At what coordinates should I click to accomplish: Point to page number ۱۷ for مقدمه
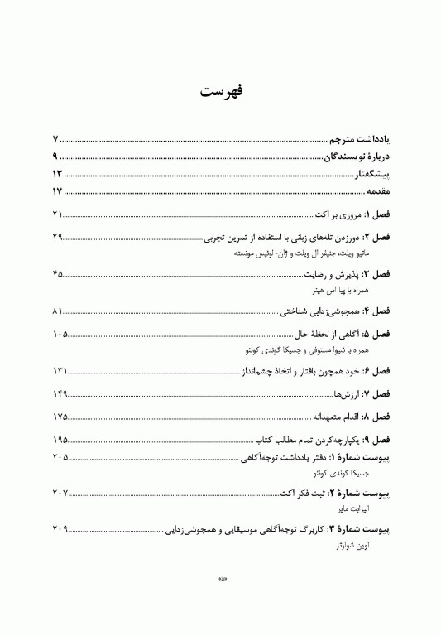(57, 192)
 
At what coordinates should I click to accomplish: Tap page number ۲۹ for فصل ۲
(57, 238)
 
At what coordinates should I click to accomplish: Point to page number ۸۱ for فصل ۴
(57, 311)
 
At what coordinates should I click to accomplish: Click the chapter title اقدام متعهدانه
(328, 417)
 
